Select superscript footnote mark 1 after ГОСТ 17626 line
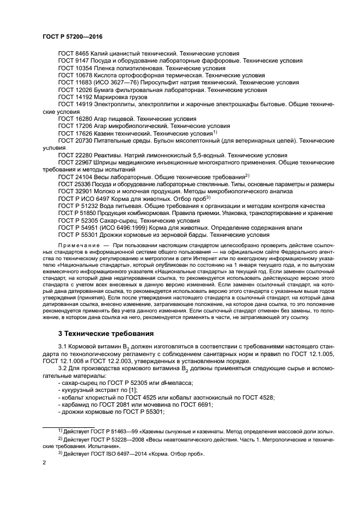tap(215, 132)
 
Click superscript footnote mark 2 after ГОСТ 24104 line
tap(247, 175)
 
